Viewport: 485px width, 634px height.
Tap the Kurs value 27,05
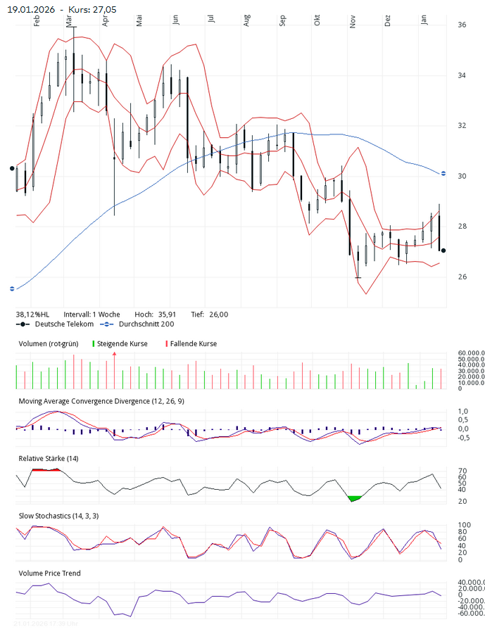(105, 8)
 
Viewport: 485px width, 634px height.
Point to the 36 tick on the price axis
(462, 25)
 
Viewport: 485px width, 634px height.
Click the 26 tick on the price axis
(462, 277)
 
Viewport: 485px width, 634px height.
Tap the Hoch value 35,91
(166, 315)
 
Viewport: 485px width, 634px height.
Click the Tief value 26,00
(218, 315)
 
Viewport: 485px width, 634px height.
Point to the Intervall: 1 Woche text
(92, 315)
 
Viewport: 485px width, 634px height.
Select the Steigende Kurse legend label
(122, 344)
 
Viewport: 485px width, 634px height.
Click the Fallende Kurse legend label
(194, 344)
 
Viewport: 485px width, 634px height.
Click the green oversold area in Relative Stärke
(355, 498)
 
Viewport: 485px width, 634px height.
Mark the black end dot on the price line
(443, 251)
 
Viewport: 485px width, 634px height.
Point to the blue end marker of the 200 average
(443, 173)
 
